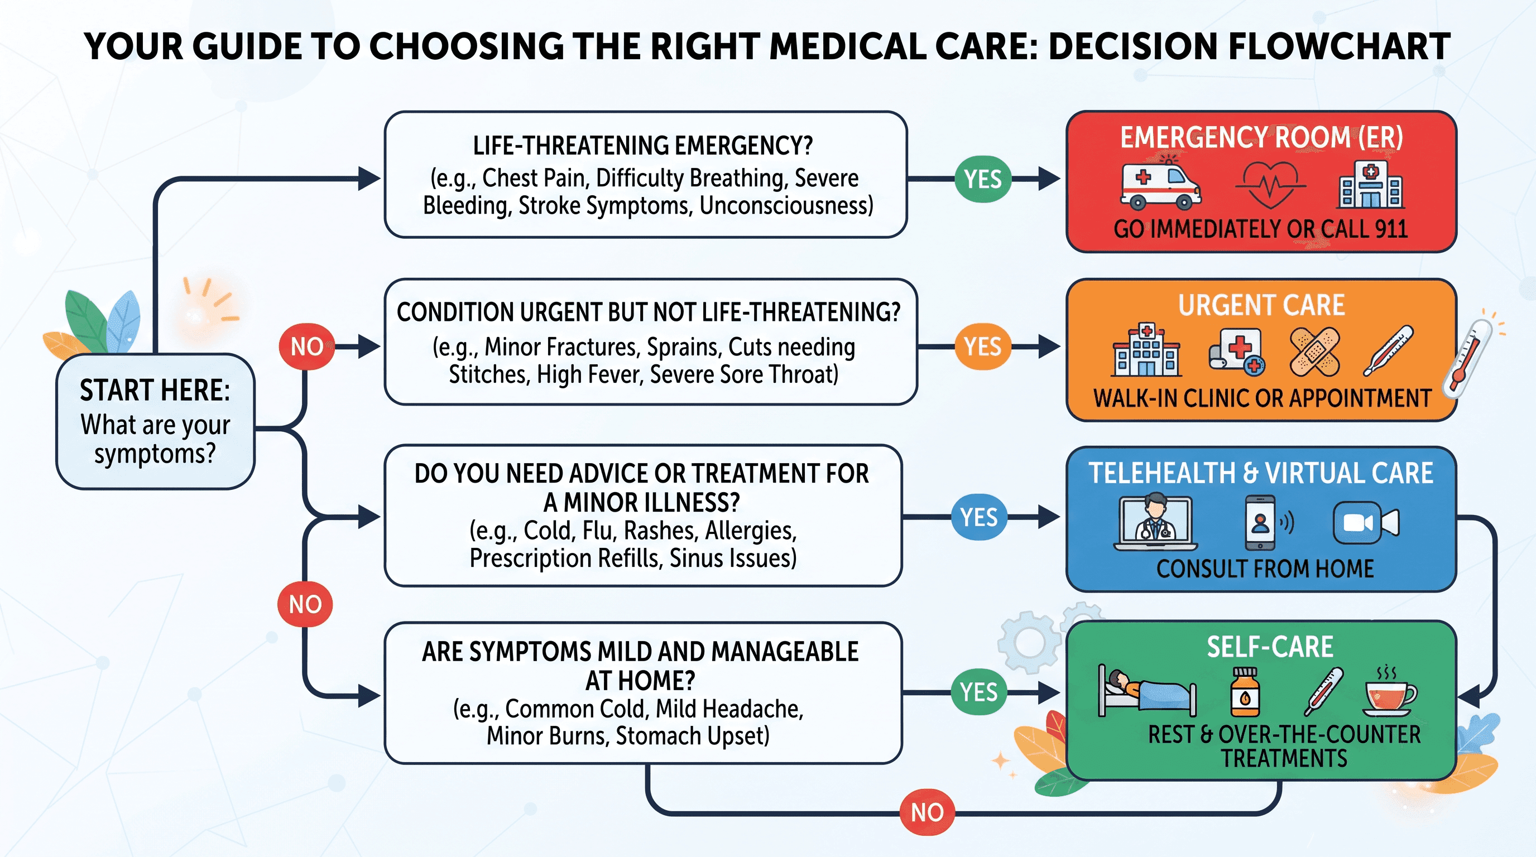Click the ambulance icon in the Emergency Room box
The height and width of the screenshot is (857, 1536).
(x=1160, y=186)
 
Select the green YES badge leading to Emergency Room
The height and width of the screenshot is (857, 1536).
(x=983, y=179)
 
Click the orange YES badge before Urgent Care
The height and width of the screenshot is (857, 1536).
(x=983, y=346)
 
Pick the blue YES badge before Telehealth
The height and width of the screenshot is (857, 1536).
(x=979, y=517)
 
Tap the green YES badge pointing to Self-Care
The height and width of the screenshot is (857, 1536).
(x=979, y=692)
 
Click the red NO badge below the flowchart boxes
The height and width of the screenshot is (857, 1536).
(x=927, y=812)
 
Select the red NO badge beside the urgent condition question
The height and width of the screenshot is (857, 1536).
(x=306, y=346)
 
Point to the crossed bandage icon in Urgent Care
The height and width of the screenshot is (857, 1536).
(x=1315, y=352)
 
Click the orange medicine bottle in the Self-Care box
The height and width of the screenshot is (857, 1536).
(x=1246, y=692)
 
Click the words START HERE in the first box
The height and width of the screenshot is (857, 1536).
(x=155, y=391)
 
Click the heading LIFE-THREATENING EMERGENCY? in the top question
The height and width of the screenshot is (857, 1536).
(x=643, y=146)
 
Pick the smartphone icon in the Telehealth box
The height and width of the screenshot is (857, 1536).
(x=1260, y=523)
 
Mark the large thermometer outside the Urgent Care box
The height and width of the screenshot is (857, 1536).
(x=1467, y=359)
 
